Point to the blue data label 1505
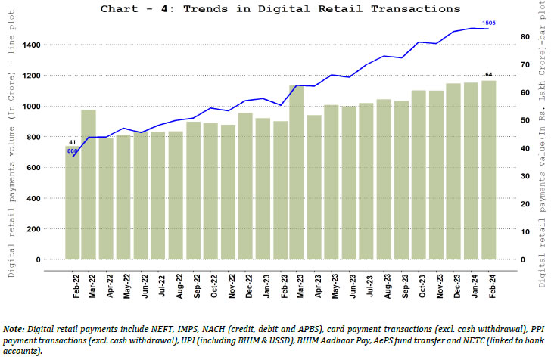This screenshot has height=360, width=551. coord(490,23)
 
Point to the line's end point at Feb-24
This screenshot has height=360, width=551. coord(489,29)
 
